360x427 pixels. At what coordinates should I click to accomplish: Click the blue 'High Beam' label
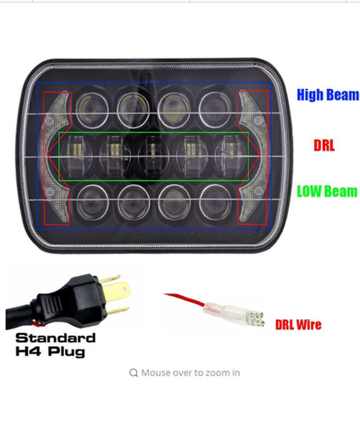coord(328,95)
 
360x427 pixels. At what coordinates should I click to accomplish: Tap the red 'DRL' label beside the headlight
coord(324,145)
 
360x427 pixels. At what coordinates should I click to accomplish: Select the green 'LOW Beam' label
coord(327,191)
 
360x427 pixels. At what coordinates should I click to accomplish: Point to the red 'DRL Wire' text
coord(298,325)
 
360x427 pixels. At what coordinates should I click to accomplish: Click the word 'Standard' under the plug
coord(55,338)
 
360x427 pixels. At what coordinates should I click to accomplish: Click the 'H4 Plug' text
coord(51,351)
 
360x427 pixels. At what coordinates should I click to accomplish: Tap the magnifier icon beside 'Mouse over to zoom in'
coord(134,372)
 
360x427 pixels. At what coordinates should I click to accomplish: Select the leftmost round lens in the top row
coord(92,110)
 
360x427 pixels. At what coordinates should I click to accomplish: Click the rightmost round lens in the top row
coord(215,109)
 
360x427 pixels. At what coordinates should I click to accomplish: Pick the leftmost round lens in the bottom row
coord(92,202)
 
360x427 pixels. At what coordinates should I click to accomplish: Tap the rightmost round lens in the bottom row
coord(215,201)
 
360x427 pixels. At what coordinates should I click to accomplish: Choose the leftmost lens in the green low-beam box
coord(76,156)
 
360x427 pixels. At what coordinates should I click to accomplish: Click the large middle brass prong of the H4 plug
coord(117,292)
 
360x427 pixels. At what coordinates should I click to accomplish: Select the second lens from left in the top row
coord(133,110)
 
